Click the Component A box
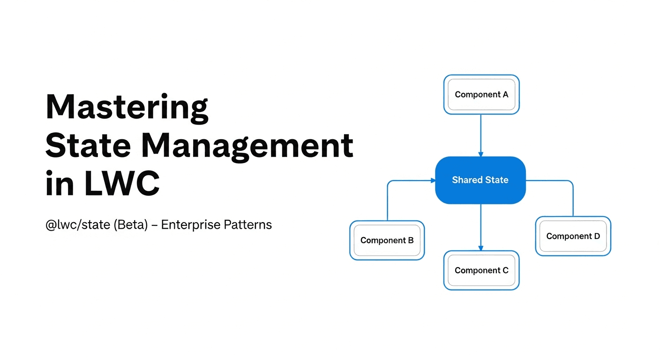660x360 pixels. pyautogui.click(x=481, y=95)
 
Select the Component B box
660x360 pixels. pyautogui.click(x=387, y=240)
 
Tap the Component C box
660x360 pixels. pyautogui.click(x=481, y=270)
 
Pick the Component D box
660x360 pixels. pyautogui.click(x=573, y=236)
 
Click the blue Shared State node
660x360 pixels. pyautogui.click(x=480, y=180)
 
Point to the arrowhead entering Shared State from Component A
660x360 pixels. pyautogui.click(x=481, y=154)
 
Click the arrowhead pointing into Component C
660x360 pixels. pyautogui.click(x=481, y=248)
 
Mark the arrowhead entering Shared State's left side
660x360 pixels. pyautogui.click(x=433, y=180)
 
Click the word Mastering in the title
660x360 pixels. pyautogui.click(x=127, y=107)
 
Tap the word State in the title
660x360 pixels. pyautogui.click(x=88, y=145)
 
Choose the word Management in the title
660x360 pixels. pyautogui.click(x=247, y=147)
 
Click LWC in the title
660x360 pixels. pyautogui.click(x=122, y=183)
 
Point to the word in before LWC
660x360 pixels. pyautogui.click(x=60, y=183)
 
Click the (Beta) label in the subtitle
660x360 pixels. pyautogui.click(x=131, y=225)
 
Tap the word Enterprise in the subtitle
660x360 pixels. pyautogui.click(x=191, y=225)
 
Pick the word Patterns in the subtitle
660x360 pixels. pyautogui.click(x=248, y=225)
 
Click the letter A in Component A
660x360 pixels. pyautogui.click(x=505, y=95)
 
